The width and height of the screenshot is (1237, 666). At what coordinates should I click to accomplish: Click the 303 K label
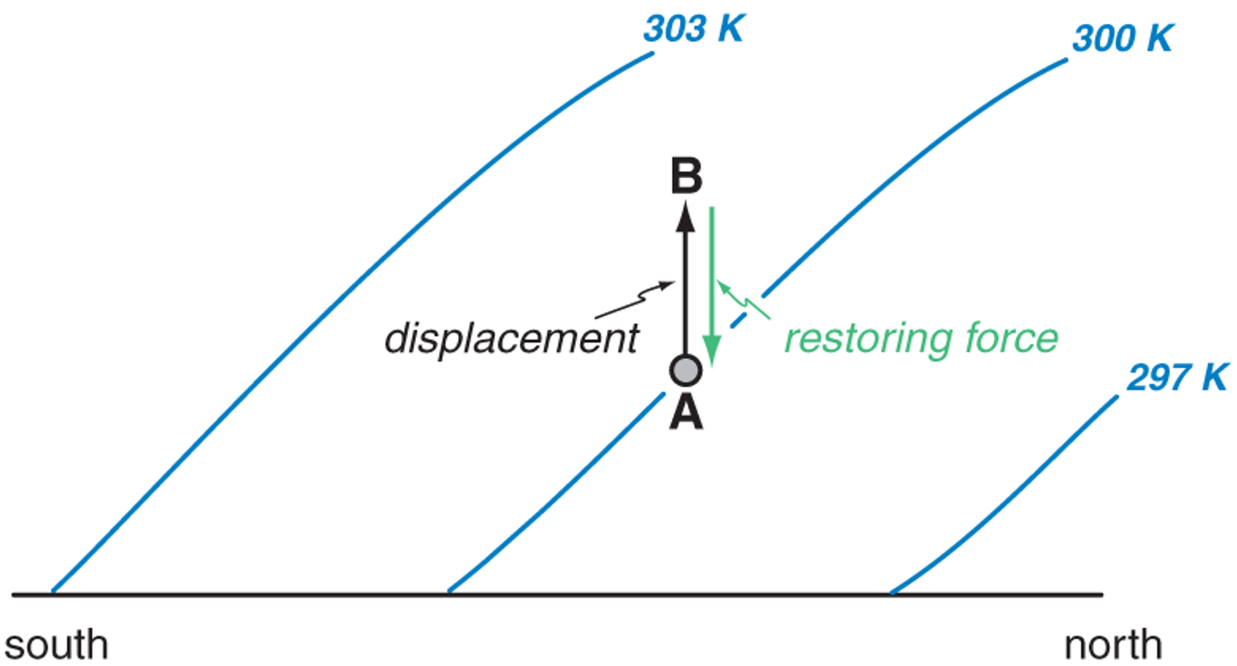pyautogui.click(x=694, y=29)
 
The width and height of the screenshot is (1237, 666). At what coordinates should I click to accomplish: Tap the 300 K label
pyautogui.click(x=1122, y=39)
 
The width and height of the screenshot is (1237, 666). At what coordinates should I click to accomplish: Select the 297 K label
pyautogui.click(x=1178, y=378)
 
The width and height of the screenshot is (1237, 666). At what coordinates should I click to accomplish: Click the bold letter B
pyautogui.click(x=687, y=176)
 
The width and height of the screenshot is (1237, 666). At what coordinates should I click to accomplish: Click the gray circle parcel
pyautogui.click(x=686, y=370)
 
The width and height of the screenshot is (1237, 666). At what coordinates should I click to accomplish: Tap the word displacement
pyautogui.click(x=512, y=339)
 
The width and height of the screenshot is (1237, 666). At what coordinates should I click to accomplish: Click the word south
pyautogui.click(x=56, y=645)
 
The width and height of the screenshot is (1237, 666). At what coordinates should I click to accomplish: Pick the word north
pyautogui.click(x=1113, y=645)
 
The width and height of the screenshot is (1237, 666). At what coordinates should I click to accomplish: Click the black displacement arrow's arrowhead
pyautogui.click(x=686, y=216)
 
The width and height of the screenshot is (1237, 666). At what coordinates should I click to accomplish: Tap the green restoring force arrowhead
pyautogui.click(x=712, y=350)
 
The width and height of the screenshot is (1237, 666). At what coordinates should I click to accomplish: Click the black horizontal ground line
pyautogui.click(x=558, y=595)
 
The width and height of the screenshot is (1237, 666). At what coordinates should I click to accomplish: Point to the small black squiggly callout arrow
pyautogui.click(x=635, y=300)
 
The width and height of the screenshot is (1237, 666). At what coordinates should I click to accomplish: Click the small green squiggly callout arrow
pyautogui.click(x=744, y=300)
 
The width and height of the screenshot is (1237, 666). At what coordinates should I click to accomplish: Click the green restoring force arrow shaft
pyautogui.click(x=712, y=271)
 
